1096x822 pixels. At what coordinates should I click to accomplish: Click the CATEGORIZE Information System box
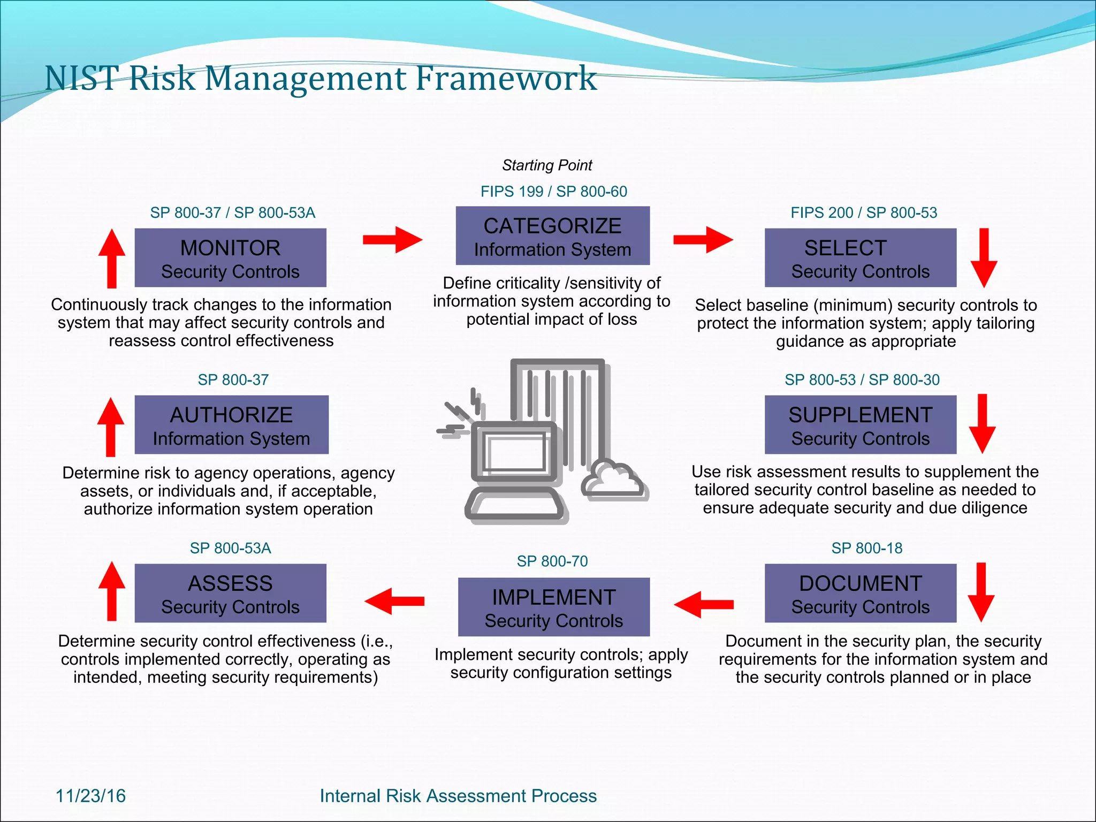(x=552, y=235)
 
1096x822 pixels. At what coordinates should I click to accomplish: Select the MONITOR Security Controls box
(x=230, y=257)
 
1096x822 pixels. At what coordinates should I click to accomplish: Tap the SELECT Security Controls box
(x=860, y=257)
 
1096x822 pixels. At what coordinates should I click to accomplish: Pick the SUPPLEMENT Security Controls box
(x=860, y=424)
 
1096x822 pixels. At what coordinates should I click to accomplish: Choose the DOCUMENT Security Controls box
(x=860, y=593)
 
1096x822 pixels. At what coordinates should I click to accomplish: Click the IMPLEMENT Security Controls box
(x=554, y=607)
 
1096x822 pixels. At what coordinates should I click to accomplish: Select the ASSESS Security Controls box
(x=230, y=593)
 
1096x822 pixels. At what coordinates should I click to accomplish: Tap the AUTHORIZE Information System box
(x=231, y=424)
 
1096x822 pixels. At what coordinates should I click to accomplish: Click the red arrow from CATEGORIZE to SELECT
(x=703, y=239)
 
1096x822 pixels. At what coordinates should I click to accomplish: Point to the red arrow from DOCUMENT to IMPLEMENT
(x=703, y=604)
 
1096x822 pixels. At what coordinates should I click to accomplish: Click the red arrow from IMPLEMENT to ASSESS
(x=394, y=601)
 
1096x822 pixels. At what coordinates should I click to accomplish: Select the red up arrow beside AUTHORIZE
(x=111, y=427)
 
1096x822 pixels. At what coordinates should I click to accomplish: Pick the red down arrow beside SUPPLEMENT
(x=982, y=423)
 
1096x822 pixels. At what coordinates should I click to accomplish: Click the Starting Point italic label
(x=547, y=165)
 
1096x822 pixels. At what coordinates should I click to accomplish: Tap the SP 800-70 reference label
(x=552, y=561)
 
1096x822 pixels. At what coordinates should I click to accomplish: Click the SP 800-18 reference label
(x=866, y=548)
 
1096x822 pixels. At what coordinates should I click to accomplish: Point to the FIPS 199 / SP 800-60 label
(x=553, y=192)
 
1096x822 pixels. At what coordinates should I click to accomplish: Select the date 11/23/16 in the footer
(x=90, y=796)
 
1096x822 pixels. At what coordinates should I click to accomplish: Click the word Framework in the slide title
(x=506, y=78)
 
